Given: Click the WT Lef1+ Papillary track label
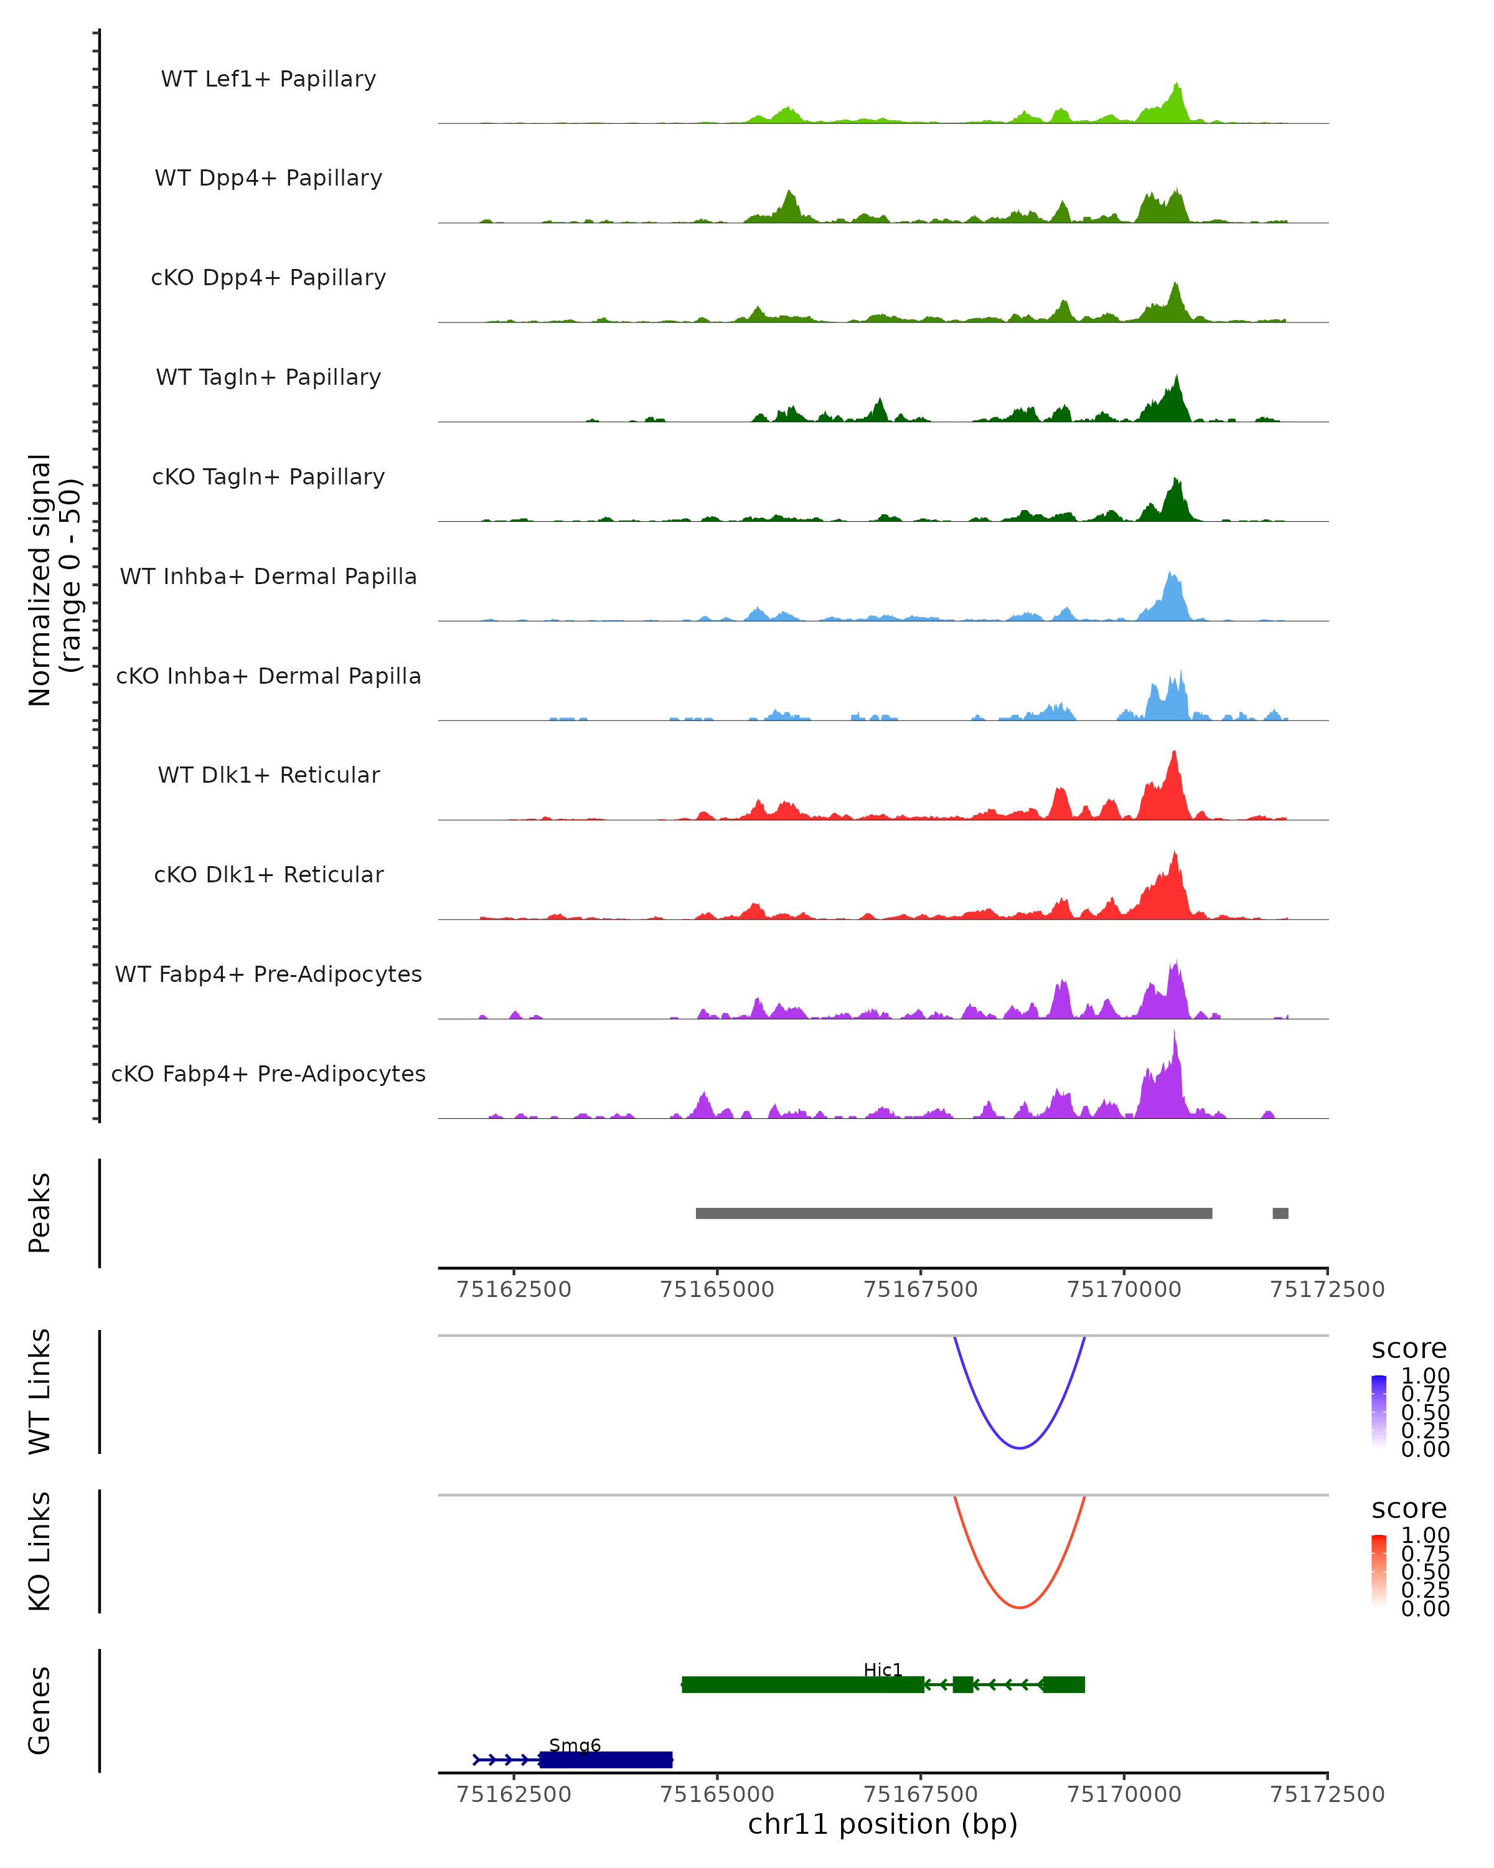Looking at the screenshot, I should [268, 79].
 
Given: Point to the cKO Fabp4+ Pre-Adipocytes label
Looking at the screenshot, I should [268, 1073].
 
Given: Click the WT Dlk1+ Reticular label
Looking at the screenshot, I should [268, 775].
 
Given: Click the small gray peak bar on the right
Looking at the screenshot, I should [1280, 1213].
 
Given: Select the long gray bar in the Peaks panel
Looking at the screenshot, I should [952, 1213].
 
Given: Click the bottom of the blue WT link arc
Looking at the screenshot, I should [1020, 1448].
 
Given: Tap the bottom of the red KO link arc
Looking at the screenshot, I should [1020, 1607].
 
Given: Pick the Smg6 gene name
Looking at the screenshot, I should [574, 1745].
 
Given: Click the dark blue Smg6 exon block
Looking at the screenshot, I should [606, 1760].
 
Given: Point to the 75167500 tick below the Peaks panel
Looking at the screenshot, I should [921, 1290].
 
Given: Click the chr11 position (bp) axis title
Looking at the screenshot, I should [883, 1824].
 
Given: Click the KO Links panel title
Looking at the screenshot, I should [40, 1551].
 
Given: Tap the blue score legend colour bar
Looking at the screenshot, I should [1379, 1412].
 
